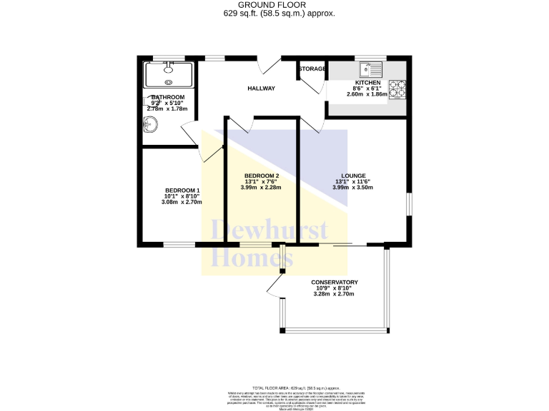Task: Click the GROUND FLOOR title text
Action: [274, 4]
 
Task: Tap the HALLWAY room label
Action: [261, 88]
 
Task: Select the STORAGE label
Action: [312, 69]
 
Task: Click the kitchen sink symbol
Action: [372, 69]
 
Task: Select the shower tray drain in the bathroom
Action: [168, 68]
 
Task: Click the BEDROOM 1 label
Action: [182, 190]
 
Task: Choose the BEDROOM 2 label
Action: [261, 176]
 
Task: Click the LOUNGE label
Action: [354, 176]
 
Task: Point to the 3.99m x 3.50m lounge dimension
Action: [354, 188]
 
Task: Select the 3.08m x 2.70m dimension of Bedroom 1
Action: [182, 202]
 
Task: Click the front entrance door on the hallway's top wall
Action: [270, 64]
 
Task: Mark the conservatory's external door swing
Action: [275, 287]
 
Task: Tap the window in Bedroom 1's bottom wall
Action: [179, 245]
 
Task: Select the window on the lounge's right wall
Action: [409, 203]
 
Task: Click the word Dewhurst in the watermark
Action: [269, 230]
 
